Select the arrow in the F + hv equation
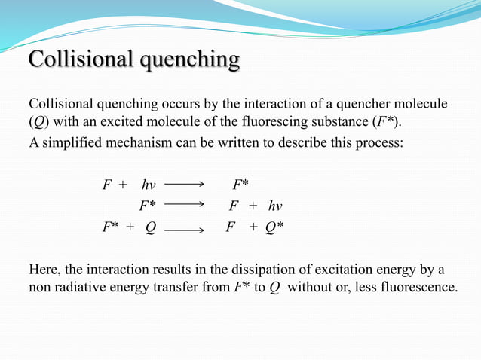(x=184, y=183)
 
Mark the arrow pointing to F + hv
(x=184, y=204)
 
